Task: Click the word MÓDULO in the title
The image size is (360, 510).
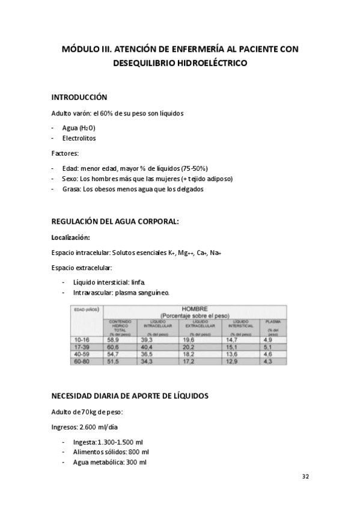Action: [x=81, y=49]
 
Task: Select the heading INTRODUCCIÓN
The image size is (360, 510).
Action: [x=79, y=97]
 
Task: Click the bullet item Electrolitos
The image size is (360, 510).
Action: [x=79, y=138]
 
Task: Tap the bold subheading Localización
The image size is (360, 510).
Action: [x=71, y=238]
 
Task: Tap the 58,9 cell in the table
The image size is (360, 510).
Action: [x=115, y=340]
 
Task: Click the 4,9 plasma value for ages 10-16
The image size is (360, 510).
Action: [x=268, y=340]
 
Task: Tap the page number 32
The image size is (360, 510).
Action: [x=305, y=476]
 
